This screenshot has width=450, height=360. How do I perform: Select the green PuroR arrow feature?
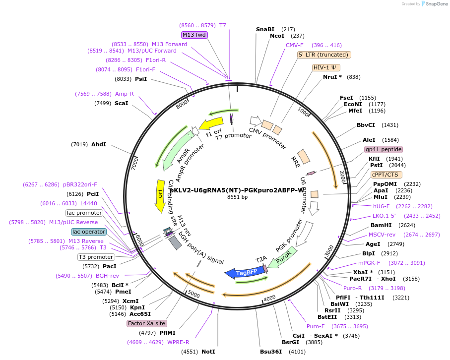pos(284,258)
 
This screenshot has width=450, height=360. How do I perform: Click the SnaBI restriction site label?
pos(265,29)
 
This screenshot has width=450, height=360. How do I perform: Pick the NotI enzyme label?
pos(208,352)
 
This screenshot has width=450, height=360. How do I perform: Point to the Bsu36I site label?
pos(271,352)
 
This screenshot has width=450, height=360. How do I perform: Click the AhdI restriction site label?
pos(99,144)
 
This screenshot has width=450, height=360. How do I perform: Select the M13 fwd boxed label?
pos(194,35)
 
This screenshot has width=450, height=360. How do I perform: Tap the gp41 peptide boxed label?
pos(384,149)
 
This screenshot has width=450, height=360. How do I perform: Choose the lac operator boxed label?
pos(89,232)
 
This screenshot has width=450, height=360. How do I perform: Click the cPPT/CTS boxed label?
pos(386,175)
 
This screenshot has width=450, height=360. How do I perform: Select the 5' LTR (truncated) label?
pos(324,55)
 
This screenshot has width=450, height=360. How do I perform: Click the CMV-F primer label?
pos(295,45)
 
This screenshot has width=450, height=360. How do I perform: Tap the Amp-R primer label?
pos(125,94)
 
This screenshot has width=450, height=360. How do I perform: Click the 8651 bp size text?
pos(237,197)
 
